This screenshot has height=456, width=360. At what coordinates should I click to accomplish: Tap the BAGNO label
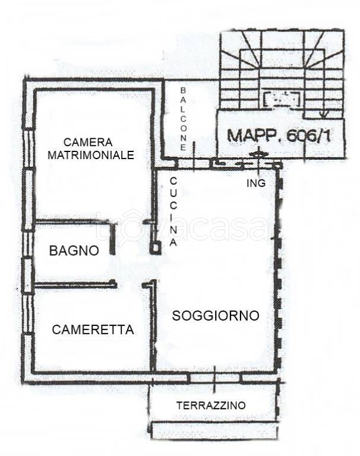(x=74, y=251)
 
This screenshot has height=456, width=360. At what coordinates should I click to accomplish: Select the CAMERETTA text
(x=93, y=330)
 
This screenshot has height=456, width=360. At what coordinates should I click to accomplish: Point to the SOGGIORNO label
(x=216, y=315)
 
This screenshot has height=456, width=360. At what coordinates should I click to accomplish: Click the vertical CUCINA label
(x=173, y=211)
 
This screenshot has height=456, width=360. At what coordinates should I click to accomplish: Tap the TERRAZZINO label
(x=211, y=406)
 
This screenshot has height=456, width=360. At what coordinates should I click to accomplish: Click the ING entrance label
(x=256, y=183)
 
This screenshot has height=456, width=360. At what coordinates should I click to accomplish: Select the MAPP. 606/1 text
(x=279, y=135)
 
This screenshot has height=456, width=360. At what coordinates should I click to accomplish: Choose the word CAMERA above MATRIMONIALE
(x=88, y=142)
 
